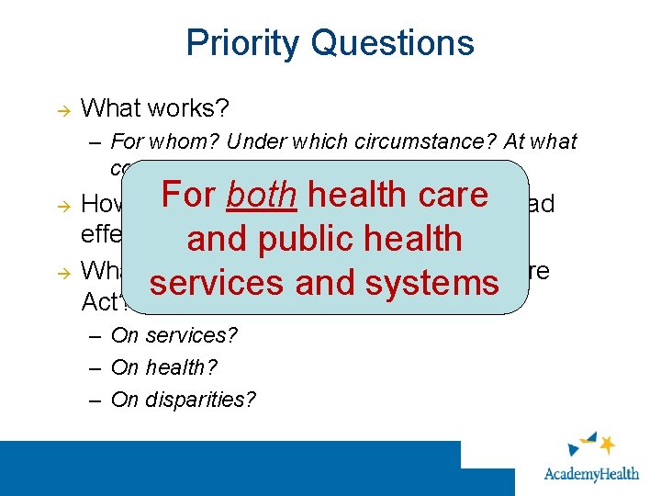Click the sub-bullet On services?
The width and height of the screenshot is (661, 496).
tap(174, 335)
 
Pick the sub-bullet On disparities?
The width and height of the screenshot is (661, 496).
tap(184, 400)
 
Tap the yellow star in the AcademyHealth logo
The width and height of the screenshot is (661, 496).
tap(607, 445)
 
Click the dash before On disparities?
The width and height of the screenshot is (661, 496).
tap(96, 400)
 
